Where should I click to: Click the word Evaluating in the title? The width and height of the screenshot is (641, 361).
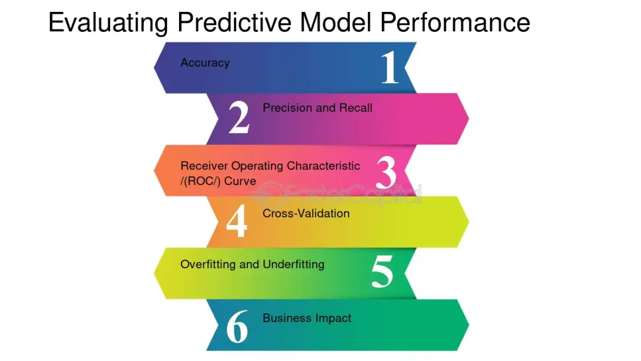click(x=108, y=23)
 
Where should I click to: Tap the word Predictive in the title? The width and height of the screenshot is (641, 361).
click(x=235, y=22)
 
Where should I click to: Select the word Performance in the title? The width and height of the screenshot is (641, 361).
click(x=455, y=22)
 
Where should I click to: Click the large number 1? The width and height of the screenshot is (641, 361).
click(x=389, y=67)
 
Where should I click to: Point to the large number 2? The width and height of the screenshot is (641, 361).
click(x=238, y=117)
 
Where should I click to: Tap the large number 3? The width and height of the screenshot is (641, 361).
click(x=386, y=172)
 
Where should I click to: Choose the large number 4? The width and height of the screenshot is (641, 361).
click(x=237, y=221)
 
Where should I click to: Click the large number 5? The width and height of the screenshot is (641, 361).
click(x=382, y=271)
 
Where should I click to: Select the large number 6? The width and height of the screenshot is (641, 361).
click(x=237, y=326)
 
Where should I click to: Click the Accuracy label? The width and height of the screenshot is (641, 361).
click(x=205, y=63)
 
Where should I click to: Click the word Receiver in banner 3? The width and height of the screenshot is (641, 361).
click(x=205, y=165)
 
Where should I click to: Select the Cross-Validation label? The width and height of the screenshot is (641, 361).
click(x=306, y=213)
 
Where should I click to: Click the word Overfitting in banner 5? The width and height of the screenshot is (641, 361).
click(x=208, y=264)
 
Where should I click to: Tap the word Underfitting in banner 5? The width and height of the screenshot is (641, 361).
click(x=294, y=264)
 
